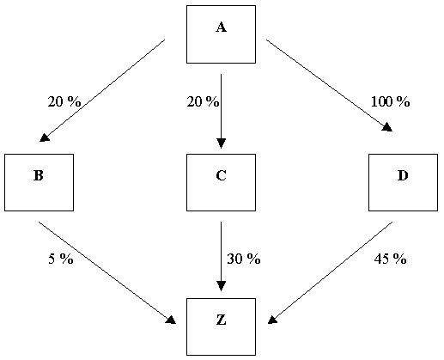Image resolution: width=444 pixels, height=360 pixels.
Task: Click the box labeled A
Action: point(221,34)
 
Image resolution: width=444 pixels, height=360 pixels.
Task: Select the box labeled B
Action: point(39,182)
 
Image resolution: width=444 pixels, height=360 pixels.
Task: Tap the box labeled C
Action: point(221,182)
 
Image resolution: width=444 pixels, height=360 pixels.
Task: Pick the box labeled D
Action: point(403,182)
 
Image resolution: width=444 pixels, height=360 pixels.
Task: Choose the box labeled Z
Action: point(221,326)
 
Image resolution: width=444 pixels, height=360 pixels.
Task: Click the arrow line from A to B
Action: point(102,90)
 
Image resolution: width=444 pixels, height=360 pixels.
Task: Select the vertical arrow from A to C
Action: point(221,111)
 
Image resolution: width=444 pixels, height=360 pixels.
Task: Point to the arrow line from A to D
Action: point(329,85)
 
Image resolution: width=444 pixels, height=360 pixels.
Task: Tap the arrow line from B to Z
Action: point(107,272)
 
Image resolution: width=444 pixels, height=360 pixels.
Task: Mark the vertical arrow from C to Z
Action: point(221,256)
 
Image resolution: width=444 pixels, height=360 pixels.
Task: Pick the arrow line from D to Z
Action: point(330,272)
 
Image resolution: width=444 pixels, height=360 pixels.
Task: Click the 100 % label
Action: point(390,101)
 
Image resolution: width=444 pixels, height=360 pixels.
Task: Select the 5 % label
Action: point(61,259)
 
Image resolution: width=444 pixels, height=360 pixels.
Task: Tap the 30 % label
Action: point(244,259)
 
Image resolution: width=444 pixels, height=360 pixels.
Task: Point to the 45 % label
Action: point(390,259)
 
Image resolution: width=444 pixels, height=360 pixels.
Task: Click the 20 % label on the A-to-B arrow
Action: point(64,101)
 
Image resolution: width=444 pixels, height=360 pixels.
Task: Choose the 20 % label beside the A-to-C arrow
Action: point(203,101)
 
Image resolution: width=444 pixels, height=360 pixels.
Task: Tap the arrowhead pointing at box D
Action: point(387,127)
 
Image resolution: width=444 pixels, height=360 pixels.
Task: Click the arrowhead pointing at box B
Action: point(45,137)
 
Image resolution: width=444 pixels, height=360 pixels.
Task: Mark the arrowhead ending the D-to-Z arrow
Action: point(272,320)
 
